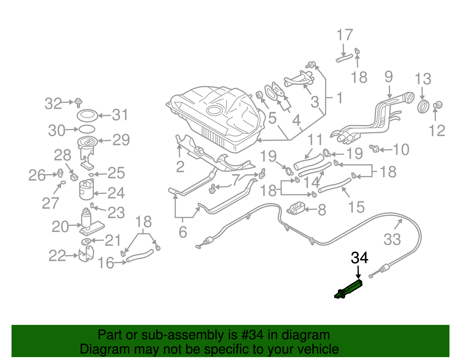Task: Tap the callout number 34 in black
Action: click(359, 258)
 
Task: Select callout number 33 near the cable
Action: click(392, 240)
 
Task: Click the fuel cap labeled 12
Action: click(438, 105)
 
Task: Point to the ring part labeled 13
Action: click(423, 106)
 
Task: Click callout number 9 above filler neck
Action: click(389, 77)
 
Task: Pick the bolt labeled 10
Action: click(375, 148)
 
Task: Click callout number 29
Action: click(121, 140)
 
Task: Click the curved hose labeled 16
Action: click(140, 256)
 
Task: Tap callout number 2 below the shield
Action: click(180, 167)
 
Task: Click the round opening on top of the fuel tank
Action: click(214, 110)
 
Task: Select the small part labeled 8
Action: click(296, 208)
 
